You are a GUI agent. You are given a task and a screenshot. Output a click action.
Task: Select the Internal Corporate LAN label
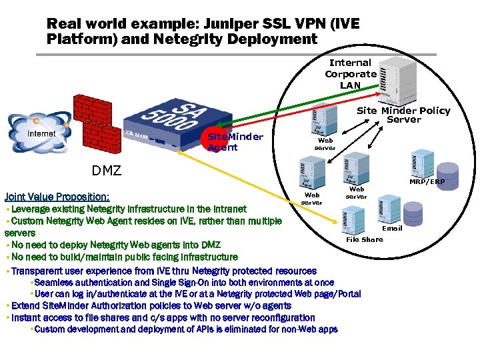tap(350, 73)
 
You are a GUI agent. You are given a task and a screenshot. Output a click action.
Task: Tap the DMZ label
tap(107, 171)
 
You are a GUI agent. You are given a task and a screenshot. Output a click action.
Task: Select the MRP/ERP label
tap(427, 181)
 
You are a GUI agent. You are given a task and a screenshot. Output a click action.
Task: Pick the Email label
tap(392, 228)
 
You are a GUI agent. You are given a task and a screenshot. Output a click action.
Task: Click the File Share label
tap(365, 239)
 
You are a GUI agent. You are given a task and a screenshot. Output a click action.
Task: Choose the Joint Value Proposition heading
tap(57, 197)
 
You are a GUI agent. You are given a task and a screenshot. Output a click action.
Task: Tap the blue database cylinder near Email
tap(413, 213)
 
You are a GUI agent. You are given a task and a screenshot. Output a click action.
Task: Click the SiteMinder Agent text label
tap(235, 141)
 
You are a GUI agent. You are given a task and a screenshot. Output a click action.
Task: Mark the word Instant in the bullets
tap(27, 318)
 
